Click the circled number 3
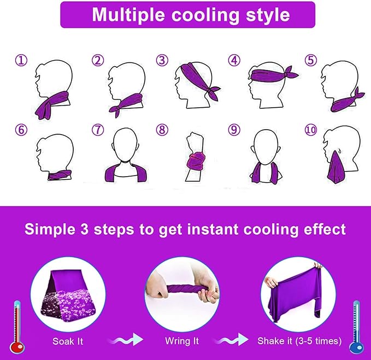162,60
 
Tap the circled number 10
311,130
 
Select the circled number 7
98,130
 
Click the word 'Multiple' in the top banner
128,15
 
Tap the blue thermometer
357,327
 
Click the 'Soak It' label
68,341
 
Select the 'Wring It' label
182,341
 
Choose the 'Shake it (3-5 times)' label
299,341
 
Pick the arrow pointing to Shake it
232,339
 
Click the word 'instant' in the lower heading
213,229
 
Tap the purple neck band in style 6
60,175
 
